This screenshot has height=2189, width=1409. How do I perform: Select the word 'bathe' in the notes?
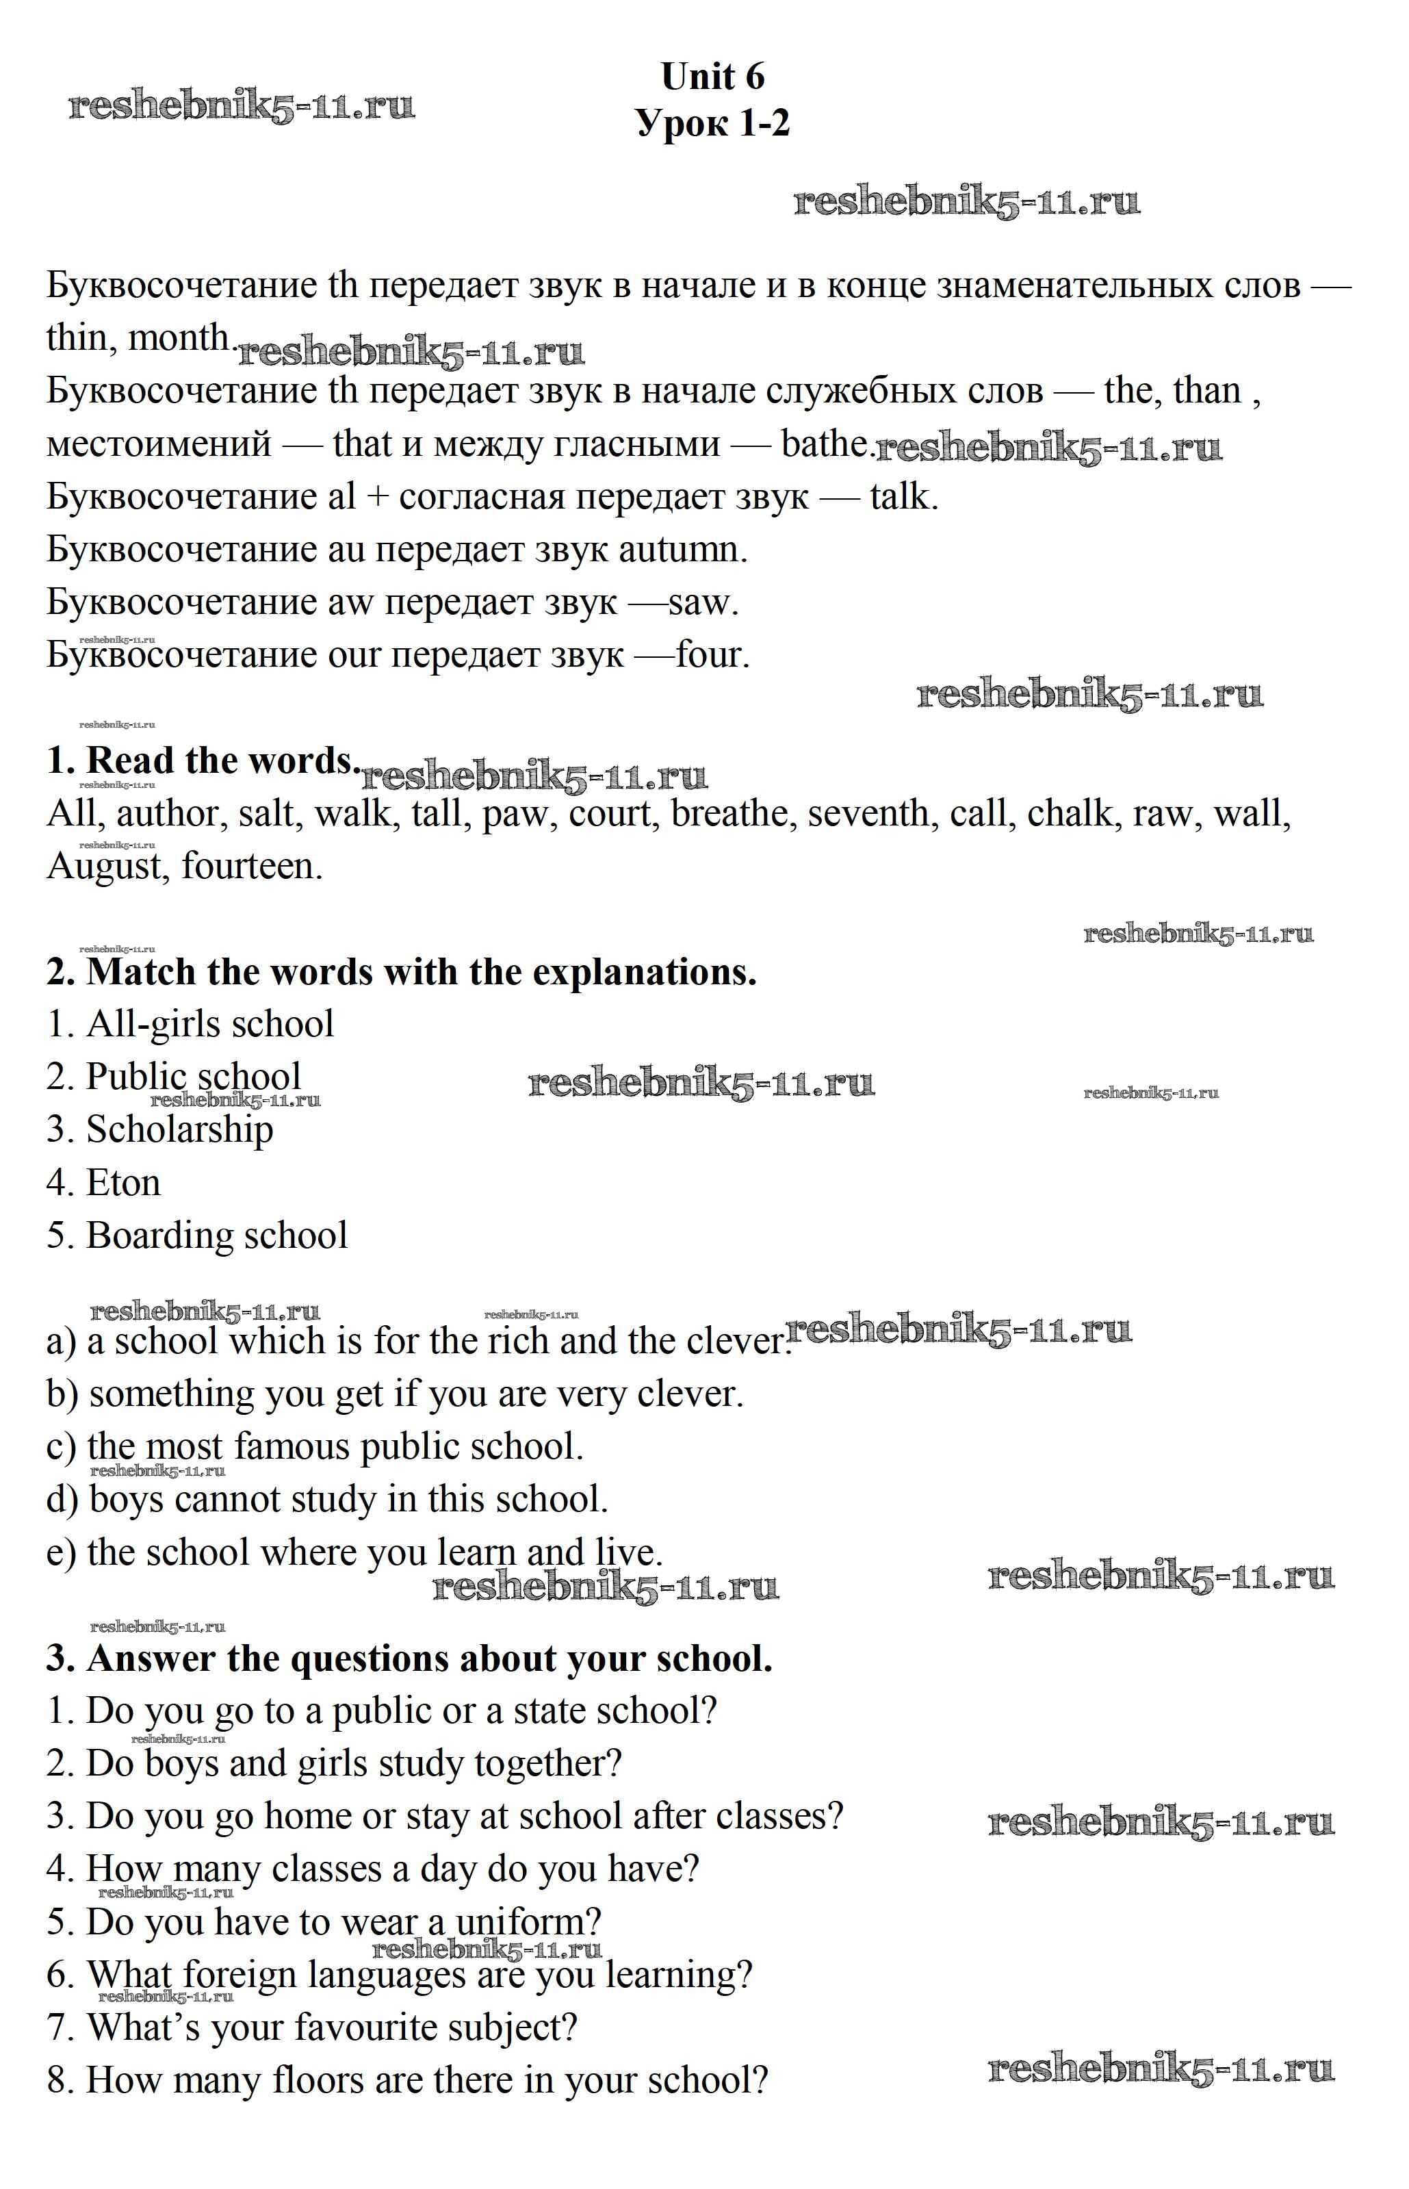click(823, 444)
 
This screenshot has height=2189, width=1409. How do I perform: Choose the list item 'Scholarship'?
click(179, 1130)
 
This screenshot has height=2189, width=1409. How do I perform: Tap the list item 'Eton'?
click(122, 1183)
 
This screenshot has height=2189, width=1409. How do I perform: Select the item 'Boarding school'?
click(217, 1236)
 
